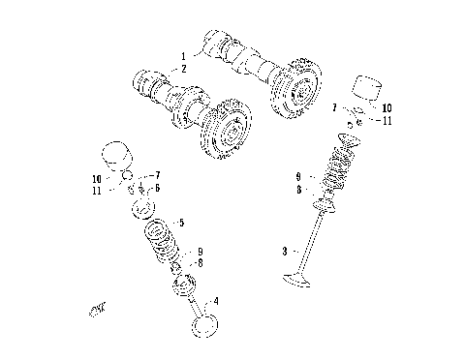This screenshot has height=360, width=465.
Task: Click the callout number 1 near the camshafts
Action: coord(182,55)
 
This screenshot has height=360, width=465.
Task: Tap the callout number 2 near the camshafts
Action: coord(182,70)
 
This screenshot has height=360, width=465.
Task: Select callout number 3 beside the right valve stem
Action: coord(285,251)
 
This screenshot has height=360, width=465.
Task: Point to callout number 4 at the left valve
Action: coord(216,301)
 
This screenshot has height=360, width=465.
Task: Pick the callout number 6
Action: coord(157,188)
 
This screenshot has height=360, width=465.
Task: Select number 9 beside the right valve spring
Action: coord(299,176)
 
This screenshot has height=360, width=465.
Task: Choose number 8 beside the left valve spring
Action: coord(200,262)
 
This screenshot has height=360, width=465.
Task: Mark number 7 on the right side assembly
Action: coord(335,107)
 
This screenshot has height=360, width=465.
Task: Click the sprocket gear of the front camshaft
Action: coord(224,128)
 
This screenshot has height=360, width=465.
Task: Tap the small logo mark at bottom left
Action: coord(96,310)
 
